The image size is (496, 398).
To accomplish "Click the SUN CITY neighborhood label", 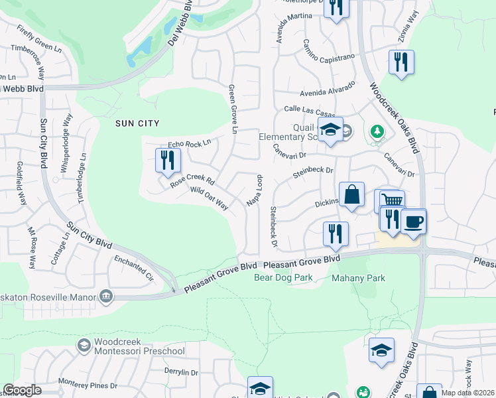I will point(137,123).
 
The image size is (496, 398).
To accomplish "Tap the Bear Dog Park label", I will point(284,277).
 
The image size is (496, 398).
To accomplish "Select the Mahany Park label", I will point(358,278).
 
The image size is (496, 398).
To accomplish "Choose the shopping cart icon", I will point(391,200).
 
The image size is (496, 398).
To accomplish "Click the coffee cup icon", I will point(414,222).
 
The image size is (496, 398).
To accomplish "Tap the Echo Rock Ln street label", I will point(189,143).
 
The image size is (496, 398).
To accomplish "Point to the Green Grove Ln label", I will point(232,109).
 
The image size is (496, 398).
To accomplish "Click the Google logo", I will point(22,389).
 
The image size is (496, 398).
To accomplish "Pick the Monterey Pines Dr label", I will point(88,384).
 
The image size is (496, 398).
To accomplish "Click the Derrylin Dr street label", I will point(181,373).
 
